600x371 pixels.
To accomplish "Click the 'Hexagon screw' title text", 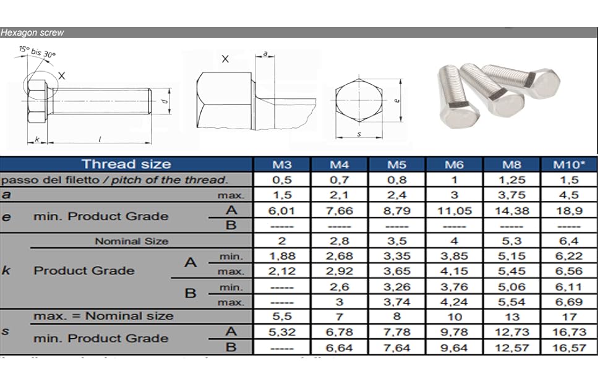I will tap(32, 33).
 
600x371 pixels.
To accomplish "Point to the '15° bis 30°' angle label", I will tap(37, 52).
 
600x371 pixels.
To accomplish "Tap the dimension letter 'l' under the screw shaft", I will tap(100, 140).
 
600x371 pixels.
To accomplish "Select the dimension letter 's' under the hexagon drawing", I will tap(359, 134).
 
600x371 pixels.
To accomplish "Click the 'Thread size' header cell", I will tap(126, 164).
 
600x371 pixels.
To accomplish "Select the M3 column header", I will tap(282, 165).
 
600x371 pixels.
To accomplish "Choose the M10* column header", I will tap(568, 165).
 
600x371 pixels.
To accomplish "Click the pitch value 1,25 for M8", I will tap(512, 180).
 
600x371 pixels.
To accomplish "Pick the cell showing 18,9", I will tap(568, 211).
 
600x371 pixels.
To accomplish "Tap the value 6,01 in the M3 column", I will tap(282, 211).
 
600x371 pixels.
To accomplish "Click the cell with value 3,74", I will tap(396, 302).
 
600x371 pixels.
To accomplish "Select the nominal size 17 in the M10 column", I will tap(568, 317).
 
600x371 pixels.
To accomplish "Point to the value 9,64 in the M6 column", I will tap(455, 348).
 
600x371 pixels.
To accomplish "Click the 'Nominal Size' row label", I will tap(131, 241).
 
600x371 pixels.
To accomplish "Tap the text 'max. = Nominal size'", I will tap(103, 316).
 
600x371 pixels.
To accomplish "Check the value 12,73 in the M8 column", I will tap(512, 332).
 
